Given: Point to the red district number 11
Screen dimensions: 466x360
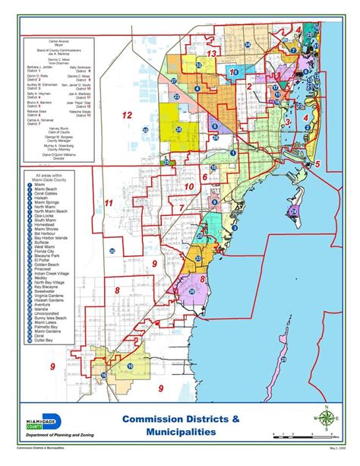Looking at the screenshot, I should click(x=109, y=203).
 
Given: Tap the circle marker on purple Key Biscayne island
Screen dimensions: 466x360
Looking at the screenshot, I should click(x=293, y=210).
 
